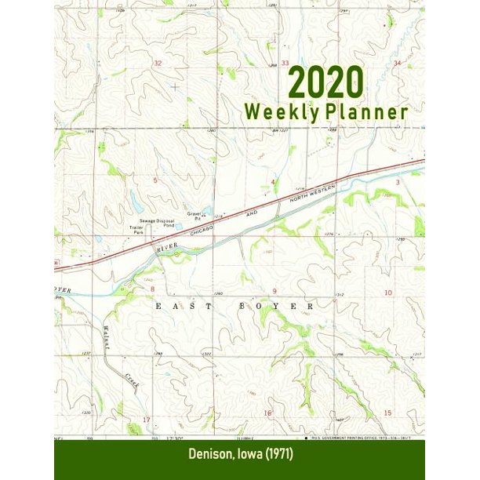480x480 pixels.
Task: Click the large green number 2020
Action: [x=325, y=82]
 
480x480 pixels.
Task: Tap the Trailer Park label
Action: [x=138, y=230]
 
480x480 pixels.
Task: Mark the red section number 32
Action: [x=158, y=63]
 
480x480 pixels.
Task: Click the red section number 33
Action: [x=285, y=63]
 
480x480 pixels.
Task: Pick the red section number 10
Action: [x=387, y=292]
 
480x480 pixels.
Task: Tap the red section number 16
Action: [x=267, y=413]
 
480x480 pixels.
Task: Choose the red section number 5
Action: [x=155, y=180]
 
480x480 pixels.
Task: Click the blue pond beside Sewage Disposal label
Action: [x=179, y=228]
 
